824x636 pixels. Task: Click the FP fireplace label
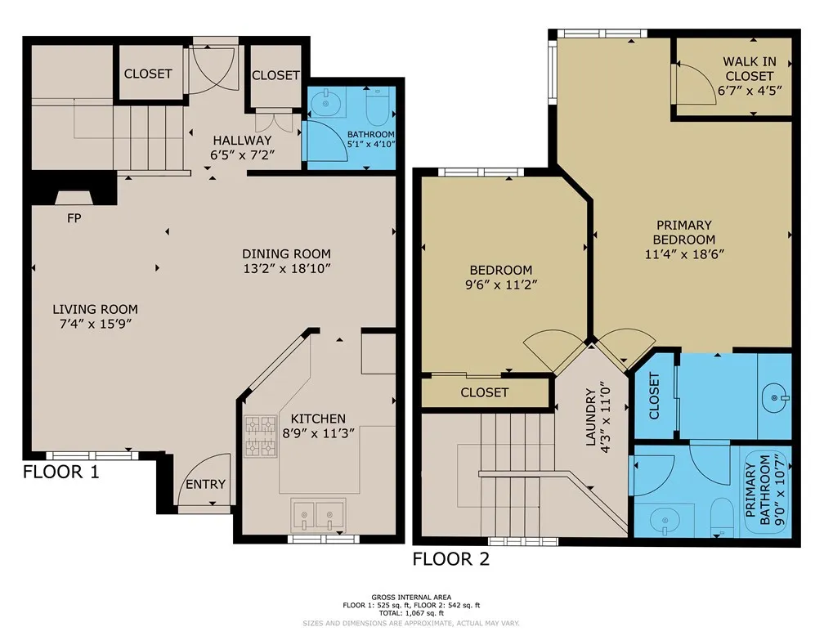74,217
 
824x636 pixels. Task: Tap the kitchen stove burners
261,436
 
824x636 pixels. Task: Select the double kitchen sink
318,514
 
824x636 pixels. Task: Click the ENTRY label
205,484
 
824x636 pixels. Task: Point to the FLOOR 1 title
61,472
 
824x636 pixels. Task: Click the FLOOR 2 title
451,558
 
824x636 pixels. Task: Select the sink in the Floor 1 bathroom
326,103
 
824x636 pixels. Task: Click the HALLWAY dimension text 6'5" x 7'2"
242,155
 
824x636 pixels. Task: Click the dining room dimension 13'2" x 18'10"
287,269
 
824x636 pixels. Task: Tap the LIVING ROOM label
95,309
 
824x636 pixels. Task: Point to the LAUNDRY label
591,418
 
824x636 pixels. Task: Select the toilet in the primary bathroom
722,517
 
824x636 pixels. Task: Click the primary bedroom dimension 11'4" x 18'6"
685,254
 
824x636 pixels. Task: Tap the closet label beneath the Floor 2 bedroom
485,392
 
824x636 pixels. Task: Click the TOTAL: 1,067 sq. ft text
411,613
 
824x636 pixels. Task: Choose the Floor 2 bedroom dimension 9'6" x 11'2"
501,284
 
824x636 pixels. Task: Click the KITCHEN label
318,419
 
